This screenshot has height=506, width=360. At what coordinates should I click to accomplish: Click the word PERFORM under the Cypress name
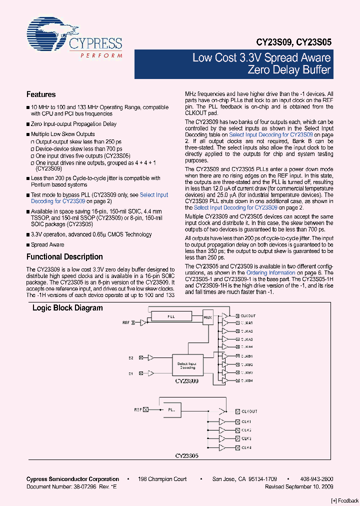[101, 55]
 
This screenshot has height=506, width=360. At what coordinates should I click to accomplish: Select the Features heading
[41, 94]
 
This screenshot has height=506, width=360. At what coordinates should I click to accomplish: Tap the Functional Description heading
[64, 257]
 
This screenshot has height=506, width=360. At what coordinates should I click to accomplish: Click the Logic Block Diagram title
[67, 308]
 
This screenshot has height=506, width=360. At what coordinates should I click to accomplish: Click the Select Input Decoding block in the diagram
[186, 366]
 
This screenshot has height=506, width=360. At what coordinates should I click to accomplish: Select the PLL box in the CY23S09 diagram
[171, 316]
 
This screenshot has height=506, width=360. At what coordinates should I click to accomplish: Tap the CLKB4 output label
[246, 380]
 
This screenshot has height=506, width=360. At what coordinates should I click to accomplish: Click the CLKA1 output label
[246, 323]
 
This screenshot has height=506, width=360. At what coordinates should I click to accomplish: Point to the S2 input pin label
[130, 358]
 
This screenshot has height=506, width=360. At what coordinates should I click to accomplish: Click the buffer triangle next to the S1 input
[150, 373]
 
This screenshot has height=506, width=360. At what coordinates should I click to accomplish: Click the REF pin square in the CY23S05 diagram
[146, 409]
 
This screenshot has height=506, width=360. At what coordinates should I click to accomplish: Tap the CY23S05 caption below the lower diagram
[186, 456]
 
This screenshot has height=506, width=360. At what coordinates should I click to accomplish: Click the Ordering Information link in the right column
[271, 273]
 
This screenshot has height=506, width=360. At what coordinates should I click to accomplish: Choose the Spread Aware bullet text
[47, 245]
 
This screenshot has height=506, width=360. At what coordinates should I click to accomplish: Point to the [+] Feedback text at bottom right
[345, 501]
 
